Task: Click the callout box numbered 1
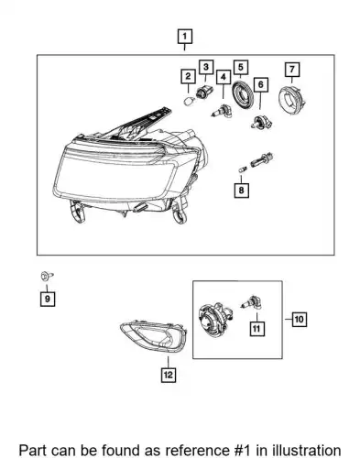click(185, 37)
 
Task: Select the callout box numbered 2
click(188, 76)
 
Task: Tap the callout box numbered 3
click(206, 67)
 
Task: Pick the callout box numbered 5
click(241, 67)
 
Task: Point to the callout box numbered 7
click(292, 70)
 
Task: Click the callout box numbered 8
click(241, 191)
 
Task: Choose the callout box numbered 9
click(48, 299)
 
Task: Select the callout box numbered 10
click(300, 320)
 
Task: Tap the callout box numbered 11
click(256, 329)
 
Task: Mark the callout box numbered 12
click(169, 375)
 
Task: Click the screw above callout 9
click(47, 276)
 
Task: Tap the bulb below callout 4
click(222, 112)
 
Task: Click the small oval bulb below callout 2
click(190, 101)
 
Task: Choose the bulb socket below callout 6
click(261, 122)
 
